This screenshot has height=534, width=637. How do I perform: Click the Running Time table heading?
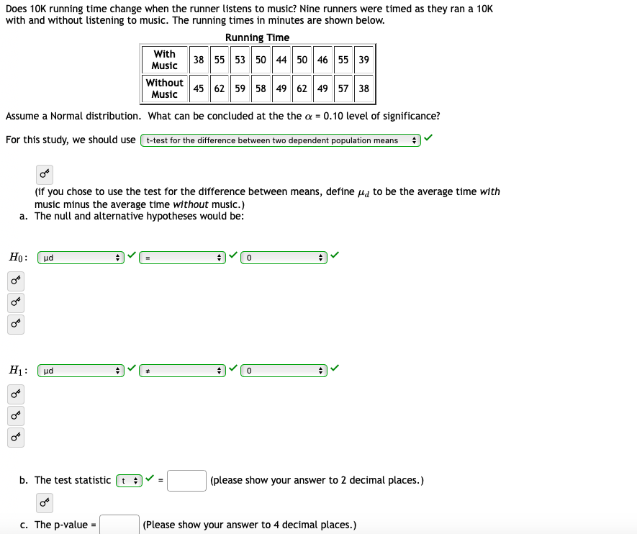coord(257,37)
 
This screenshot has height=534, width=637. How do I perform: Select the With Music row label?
coord(164,60)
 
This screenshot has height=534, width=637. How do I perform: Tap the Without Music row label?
coord(164,89)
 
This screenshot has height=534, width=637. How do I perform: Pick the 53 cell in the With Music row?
coord(240,60)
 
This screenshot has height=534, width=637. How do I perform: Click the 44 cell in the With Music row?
coord(281,60)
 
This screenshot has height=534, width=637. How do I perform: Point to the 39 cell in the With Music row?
coord(363,60)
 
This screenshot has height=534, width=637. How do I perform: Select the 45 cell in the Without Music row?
coord(199,89)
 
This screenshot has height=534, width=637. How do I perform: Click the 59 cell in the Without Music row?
coord(240,89)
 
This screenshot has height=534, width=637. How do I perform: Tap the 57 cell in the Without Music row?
coord(343,89)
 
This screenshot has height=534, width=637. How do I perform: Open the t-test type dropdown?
coord(281,140)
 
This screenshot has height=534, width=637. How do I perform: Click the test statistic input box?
coord(187,480)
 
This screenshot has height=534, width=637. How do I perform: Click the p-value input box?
coord(119,525)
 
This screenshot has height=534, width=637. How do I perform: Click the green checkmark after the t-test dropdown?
coord(429,138)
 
